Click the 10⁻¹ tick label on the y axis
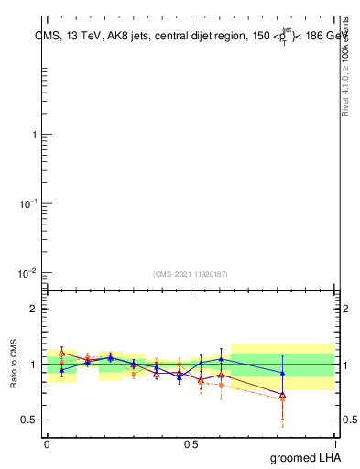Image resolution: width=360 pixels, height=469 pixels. point(27,203)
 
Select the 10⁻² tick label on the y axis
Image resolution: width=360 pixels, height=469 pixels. point(27,273)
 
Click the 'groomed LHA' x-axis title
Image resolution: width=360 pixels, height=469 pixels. point(308,457)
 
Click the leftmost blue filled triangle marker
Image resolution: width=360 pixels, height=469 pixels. point(61,369)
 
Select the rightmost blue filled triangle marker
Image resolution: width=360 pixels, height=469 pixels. point(283,373)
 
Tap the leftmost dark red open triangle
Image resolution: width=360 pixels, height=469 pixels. point(61,353)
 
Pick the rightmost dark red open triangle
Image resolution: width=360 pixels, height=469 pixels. point(283,395)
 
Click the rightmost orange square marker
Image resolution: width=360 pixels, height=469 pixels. point(283,399)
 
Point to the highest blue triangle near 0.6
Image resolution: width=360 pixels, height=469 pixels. point(221,358)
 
